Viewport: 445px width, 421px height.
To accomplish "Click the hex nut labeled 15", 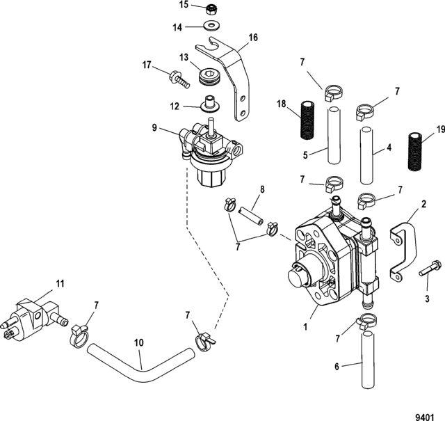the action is (x=212, y=10).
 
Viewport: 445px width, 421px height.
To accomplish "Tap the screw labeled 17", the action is (x=179, y=80).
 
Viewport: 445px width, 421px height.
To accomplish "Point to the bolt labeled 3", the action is (x=430, y=268).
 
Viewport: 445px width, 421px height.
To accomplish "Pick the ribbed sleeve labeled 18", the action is (x=307, y=120).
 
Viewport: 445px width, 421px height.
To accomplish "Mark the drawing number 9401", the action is (x=425, y=417).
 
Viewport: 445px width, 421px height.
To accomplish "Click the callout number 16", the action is (x=253, y=38).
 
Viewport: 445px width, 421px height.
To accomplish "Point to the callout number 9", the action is (x=154, y=128).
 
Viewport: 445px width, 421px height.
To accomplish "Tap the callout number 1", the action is (x=305, y=327).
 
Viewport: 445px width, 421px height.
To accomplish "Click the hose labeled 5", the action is (x=334, y=135).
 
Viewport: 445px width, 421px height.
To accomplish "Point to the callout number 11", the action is (x=60, y=284).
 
